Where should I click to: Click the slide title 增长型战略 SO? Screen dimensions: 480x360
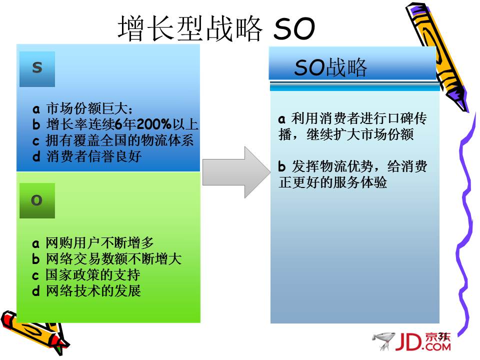click(216, 28)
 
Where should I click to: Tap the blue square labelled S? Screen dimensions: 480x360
click(37, 69)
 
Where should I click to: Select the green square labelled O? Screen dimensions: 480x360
click(37, 200)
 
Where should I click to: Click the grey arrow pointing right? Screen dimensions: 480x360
click(236, 172)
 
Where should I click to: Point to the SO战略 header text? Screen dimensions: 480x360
click(330, 67)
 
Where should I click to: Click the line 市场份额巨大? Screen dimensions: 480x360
click(89, 108)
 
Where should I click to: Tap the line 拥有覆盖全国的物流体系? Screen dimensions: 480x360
click(119, 140)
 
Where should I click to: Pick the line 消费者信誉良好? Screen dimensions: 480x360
click(93, 156)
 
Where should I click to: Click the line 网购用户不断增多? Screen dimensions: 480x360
click(99, 243)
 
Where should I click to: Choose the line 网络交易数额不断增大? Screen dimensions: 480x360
click(113, 258)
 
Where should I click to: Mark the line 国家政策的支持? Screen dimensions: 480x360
click(93, 274)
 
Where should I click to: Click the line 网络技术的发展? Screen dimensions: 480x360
click(93, 290)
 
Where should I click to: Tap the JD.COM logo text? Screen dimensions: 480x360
click(423, 341)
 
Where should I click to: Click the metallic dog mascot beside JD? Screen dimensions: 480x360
click(383, 340)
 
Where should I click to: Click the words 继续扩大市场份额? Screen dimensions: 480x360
click(360, 134)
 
